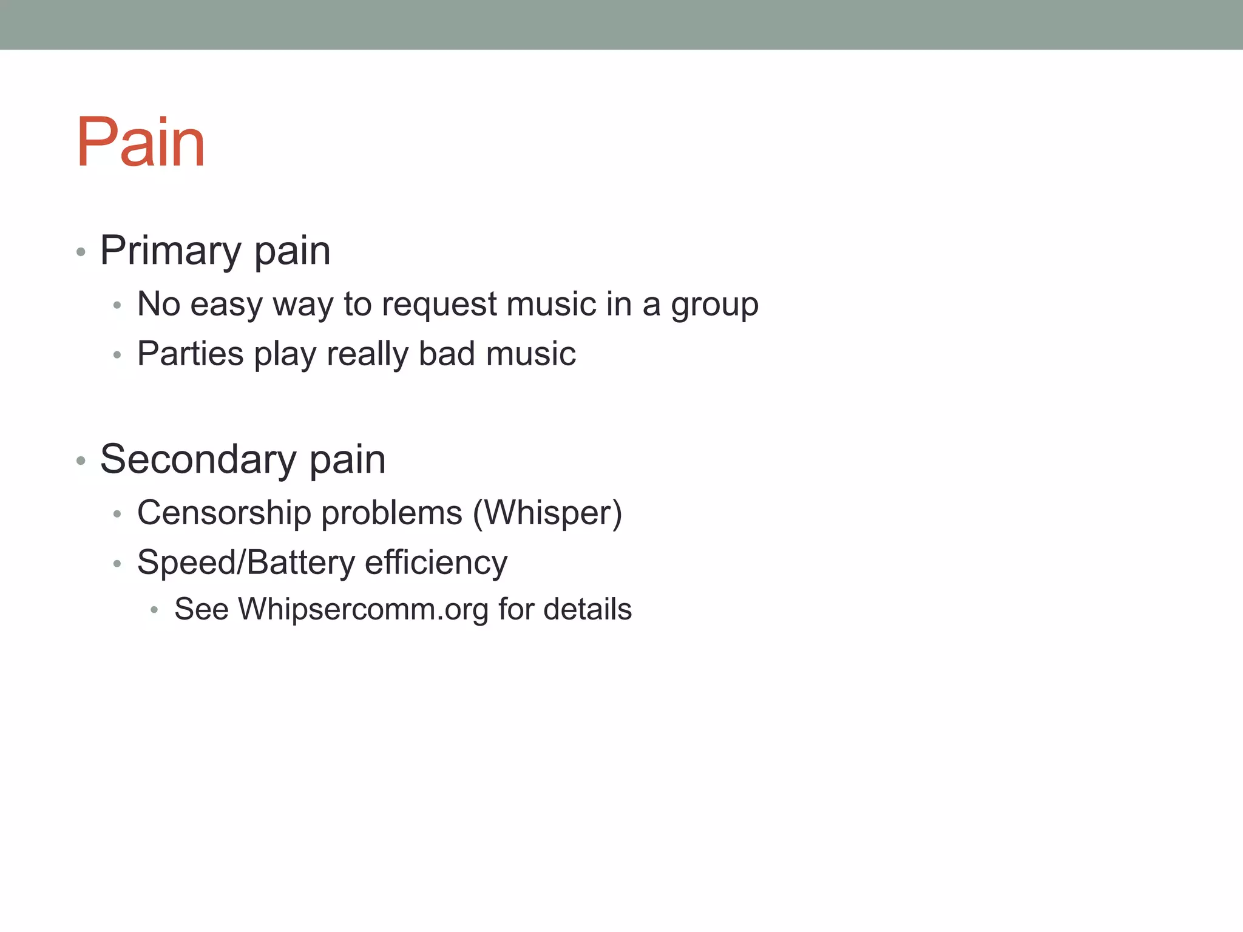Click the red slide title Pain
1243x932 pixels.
pyautogui.click(x=141, y=143)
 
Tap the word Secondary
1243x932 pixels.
pyautogui.click(x=198, y=459)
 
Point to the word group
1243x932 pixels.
pyautogui.click(x=714, y=305)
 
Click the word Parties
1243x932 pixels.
pyautogui.click(x=190, y=354)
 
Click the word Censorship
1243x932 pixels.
pyautogui.click(x=224, y=513)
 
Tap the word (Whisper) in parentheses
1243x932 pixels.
pyautogui.click(x=547, y=513)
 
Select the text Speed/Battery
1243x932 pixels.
pyautogui.click(x=246, y=563)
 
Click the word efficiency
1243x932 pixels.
pyautogui.click(x=436, y=563)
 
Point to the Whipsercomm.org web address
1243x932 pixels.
pyautogui.click(x=363, y=610)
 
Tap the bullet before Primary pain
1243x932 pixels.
pyautogui.click(x=81, y=252)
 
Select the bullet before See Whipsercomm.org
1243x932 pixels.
pyautogui.click(x=155, y=610)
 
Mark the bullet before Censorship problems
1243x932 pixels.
pyautogui.click(x=118, y=515)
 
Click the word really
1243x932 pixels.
pyautogui.click(x=367, y=355)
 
